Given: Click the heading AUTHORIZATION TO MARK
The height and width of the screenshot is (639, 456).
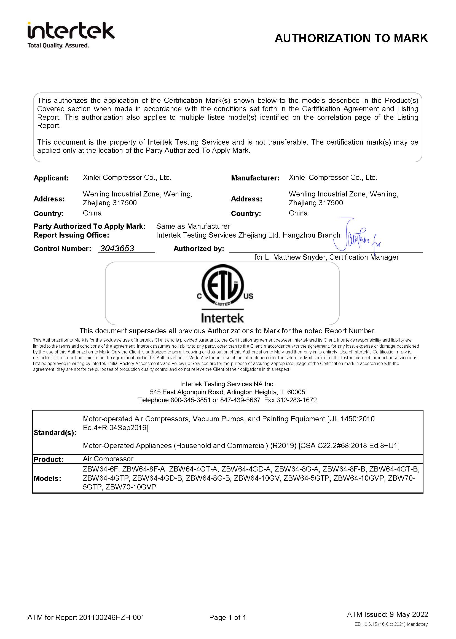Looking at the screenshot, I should (x=351, y=38).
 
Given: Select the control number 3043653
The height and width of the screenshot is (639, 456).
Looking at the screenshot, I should (x=117, y=248).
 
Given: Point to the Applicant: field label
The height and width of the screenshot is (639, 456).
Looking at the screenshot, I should (x=51, y=178).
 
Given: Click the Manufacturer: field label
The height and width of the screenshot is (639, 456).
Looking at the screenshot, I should (x=255, y=178).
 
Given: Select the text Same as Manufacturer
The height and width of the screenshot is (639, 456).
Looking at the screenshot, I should (x=193, y=226).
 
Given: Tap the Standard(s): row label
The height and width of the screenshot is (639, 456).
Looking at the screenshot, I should (x=55, y=432).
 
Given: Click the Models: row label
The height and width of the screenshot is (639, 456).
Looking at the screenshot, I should (x=47, y=478).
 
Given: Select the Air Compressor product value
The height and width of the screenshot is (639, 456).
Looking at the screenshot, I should (x=108, y=459).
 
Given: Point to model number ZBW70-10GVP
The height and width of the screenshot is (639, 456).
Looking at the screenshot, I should (x=131, y=487).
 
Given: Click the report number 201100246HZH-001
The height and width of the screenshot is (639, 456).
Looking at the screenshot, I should (x=111, y=617).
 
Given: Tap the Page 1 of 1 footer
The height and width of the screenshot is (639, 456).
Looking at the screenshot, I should (x=227, y=617).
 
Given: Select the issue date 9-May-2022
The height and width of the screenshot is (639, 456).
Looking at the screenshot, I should (x=409, y=614).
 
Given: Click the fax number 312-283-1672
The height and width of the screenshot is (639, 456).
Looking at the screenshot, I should (x=297, y=400).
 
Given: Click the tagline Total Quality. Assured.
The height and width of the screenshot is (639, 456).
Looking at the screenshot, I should (x=58, y=46).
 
